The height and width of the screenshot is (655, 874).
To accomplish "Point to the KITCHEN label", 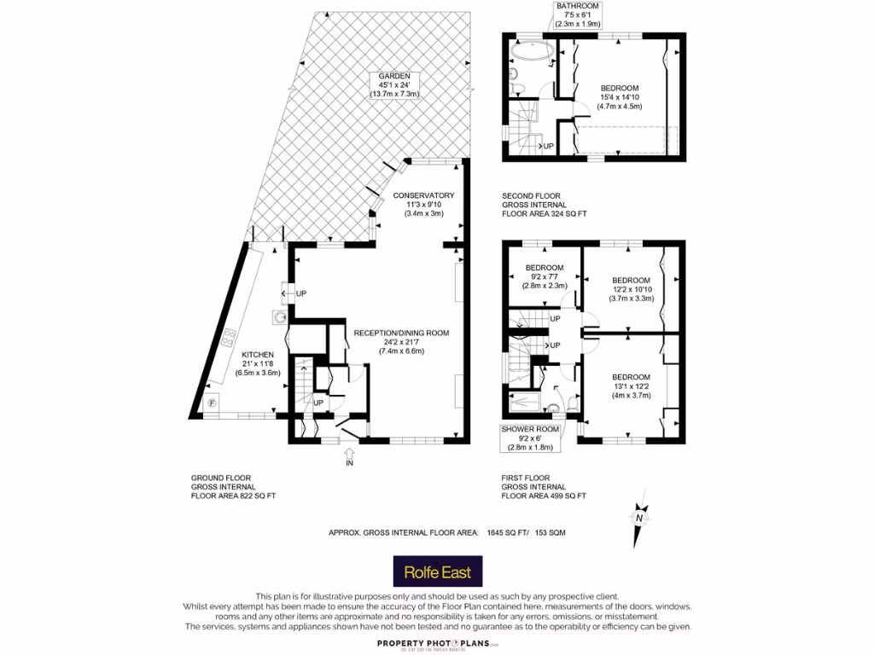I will click(257, 355).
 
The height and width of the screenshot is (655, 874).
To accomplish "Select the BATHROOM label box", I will click(578, 15).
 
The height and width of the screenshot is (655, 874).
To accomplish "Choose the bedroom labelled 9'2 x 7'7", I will click(544, 277).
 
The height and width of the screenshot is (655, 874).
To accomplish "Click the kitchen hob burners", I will click(228, 339).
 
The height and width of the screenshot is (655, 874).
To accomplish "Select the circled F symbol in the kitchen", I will click(211, 403).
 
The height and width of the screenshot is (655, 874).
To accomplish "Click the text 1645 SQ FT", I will click(507, 533).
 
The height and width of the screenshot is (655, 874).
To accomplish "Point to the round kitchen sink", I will click(279, 318).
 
